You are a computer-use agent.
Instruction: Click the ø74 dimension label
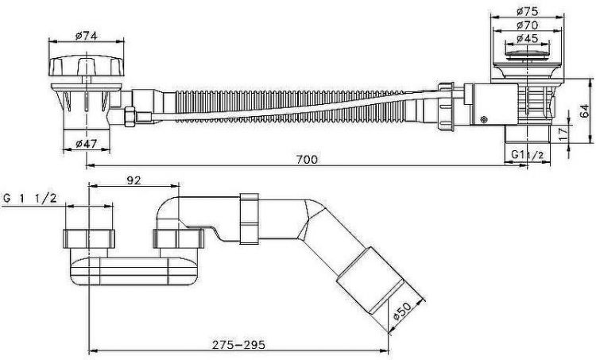87,35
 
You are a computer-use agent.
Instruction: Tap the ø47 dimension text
86,144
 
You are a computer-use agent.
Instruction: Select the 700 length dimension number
307,159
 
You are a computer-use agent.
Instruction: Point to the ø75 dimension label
527,11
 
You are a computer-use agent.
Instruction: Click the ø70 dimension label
527,25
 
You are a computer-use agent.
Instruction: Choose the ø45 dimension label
527,38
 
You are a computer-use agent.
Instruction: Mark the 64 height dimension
586,110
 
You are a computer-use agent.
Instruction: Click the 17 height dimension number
563,133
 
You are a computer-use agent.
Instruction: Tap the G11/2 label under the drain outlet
525,155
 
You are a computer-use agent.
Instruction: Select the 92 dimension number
134,180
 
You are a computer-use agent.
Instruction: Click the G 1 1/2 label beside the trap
30,198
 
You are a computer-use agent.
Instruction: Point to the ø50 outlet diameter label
401,312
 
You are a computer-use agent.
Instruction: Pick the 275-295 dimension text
238,345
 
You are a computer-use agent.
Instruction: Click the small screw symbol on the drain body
484,120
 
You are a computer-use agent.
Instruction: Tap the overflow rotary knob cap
87,66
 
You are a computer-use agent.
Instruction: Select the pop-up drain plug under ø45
527,53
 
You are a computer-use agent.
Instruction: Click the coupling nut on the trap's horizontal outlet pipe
250,219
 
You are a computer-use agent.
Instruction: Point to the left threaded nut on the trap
89,238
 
